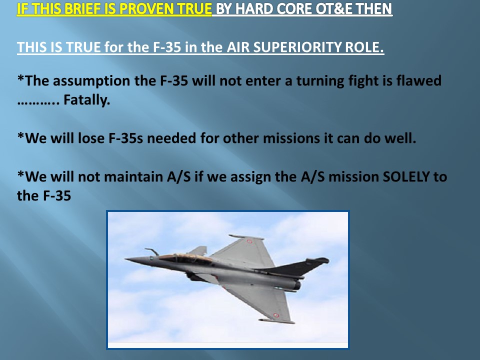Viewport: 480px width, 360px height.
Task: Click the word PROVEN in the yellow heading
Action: tap(140, 9)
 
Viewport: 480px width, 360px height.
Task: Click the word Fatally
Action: tap(86, 100)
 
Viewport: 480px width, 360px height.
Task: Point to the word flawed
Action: tap(419, 80)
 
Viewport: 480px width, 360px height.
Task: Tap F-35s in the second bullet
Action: tap(126, 138)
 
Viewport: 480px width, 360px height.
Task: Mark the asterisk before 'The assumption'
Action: tap(20, 78)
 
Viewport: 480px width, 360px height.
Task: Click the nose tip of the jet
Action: tap(125, 259)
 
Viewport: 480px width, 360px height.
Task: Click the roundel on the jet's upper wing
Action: tap(249, 241)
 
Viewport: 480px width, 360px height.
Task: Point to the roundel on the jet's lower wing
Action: tap(276, 315)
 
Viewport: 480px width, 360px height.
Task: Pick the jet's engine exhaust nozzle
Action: tap(296, 285)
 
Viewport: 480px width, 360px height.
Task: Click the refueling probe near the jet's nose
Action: tap(152, 251)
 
